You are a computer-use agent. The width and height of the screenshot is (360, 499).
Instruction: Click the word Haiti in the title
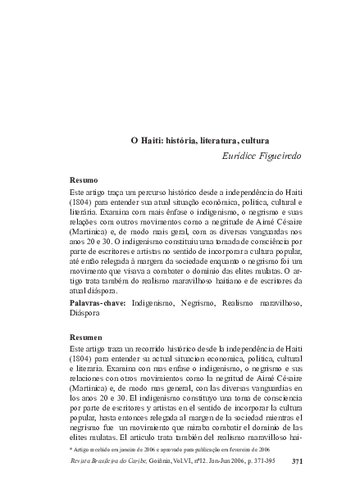click(x=153, y=140)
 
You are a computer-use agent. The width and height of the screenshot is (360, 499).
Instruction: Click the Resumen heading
click(x=85, y=338)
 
